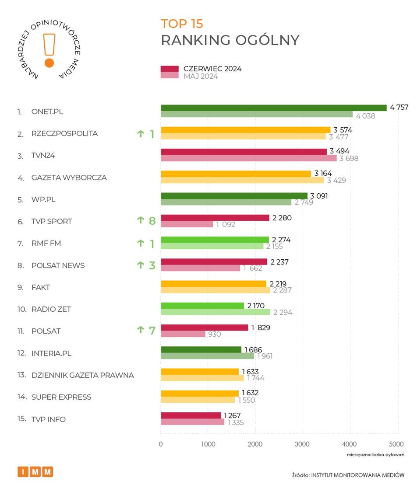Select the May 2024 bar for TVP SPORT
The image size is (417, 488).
coord(187,224)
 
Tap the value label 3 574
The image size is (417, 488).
coord(343,130)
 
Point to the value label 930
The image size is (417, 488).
coord(214,335)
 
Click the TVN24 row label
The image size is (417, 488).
coord(43,156)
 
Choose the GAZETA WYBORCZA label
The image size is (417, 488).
coord(69,178)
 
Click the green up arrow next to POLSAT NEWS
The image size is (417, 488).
coord(141,265)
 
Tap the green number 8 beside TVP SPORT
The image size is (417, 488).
coord(152,221)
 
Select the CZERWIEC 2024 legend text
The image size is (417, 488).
coord(212,69)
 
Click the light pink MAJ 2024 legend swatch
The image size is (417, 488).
coord(170,76)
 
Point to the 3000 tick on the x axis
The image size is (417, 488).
coord(303,444)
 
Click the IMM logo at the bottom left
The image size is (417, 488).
coord(35,472)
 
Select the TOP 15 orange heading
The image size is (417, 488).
coord(182,24)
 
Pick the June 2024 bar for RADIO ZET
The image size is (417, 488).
coord(202,306)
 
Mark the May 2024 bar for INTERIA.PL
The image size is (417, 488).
coord(207,356)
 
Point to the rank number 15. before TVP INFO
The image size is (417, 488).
coord(21,419)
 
